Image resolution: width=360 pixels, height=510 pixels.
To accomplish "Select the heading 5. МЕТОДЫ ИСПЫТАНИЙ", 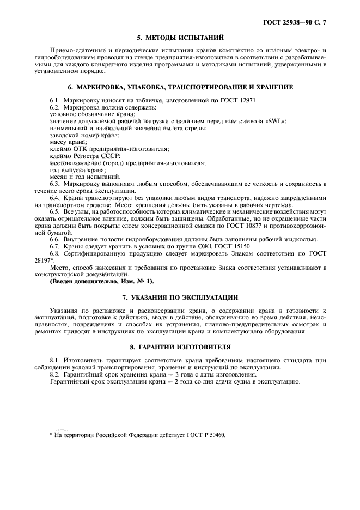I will [x=180, y=38].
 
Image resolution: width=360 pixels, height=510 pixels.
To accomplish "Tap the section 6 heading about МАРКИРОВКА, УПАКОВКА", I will [x=180, y=87].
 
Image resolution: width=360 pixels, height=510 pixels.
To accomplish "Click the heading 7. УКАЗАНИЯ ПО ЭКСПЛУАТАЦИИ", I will [x=180, y=297].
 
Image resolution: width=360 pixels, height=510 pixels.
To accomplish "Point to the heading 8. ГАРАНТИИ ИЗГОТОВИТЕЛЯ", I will [x=180, y=346].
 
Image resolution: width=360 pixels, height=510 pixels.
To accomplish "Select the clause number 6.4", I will [x=55, y=197].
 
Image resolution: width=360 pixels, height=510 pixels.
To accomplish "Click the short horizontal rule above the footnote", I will [x=52, y=429].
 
